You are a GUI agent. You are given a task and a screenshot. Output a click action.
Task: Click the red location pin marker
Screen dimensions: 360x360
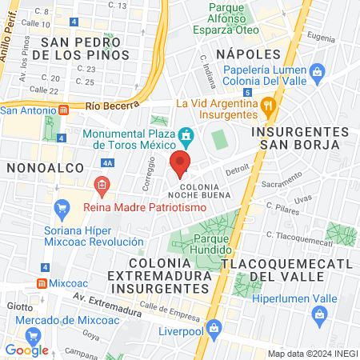(x=180, y=164)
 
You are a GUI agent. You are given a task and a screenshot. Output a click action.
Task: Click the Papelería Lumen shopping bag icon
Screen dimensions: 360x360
(x=318, y=72)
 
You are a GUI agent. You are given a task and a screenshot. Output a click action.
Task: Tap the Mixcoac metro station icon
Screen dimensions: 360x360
(x=42, y=283)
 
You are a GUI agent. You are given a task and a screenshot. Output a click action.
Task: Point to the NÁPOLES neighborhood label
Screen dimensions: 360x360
(x=248, y=54)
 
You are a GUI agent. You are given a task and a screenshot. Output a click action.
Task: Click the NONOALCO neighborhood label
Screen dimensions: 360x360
(x=37, y=167)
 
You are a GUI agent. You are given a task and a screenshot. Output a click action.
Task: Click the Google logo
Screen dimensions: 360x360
(x=26, y=350)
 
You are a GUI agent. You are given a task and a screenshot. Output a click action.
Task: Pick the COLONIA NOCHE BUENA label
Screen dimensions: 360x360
(x=200, y=190)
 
